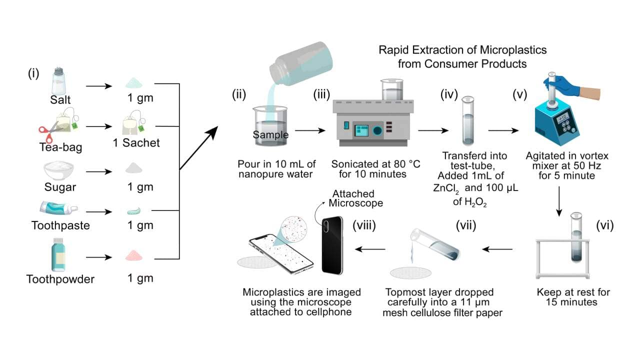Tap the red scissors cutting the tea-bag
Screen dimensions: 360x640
(x=50, y=131)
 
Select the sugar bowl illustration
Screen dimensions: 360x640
(x=60, y=170)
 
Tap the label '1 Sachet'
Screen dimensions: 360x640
(x=136, y=143)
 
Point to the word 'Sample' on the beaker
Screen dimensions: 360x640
(x=270, y=135)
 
